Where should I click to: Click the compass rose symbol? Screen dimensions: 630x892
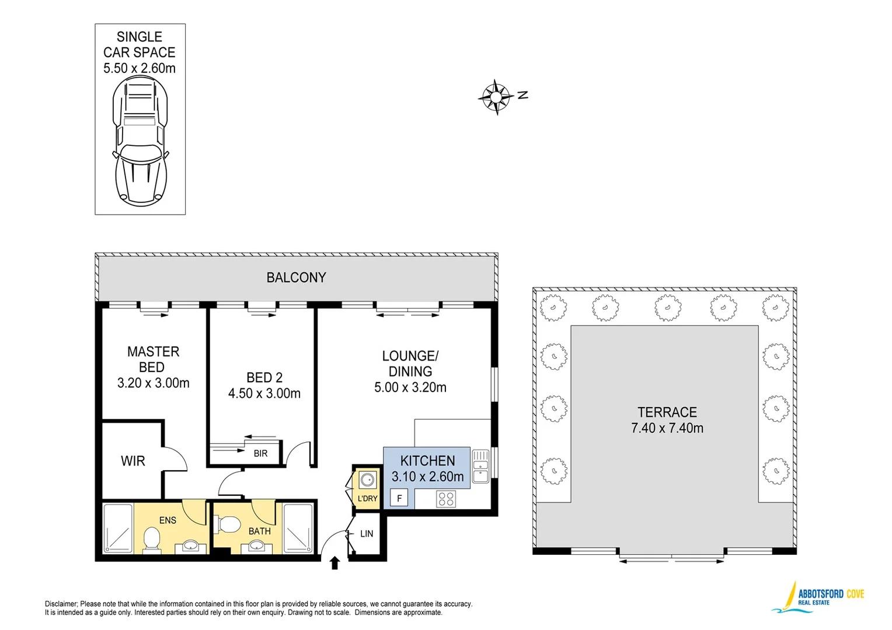[x=496, y=97]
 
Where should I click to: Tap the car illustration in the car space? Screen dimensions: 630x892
[x=140, y=141]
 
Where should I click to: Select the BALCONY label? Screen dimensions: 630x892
[x=296, y=278]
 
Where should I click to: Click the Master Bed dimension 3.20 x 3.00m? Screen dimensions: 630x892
[x=153, y=383]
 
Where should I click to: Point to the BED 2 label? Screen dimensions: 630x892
[x=264, y=377]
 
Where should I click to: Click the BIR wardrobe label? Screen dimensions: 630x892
[x=260, y=453]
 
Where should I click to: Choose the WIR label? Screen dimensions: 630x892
[x=133, y=461]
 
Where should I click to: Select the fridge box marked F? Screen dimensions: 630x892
[x=399, y=498]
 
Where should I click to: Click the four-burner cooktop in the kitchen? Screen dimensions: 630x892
[x=446, y=499]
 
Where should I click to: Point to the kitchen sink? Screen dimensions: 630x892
[x=480, y=466]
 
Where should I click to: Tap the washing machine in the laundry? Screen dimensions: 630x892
[x=367, y=480]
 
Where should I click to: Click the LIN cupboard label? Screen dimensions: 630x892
[x=367, y=533]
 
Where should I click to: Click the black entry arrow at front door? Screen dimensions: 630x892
[x=334, y=563]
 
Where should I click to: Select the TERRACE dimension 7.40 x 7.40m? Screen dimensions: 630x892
[x=667, y=428]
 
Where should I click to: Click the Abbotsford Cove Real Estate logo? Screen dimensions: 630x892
[x=819, y=597]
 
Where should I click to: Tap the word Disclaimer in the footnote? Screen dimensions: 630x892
[x=61, y=604]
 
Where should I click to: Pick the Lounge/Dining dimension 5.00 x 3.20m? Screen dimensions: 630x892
[x=410, y=387]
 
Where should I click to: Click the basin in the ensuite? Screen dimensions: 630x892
[x=191, y=546]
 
